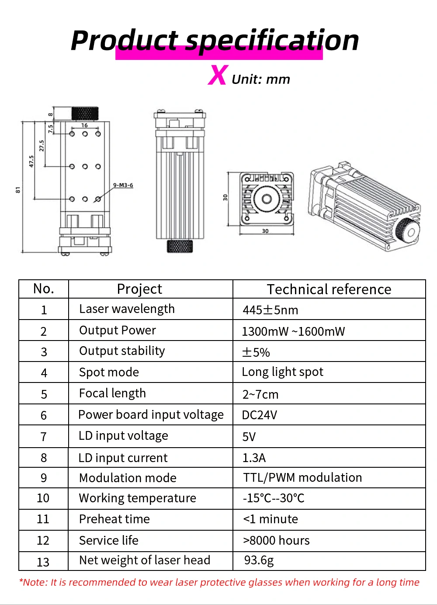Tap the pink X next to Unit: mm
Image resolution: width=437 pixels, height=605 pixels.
218,75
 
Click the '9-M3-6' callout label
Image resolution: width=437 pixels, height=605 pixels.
123,185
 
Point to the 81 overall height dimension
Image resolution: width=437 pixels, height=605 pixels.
18,190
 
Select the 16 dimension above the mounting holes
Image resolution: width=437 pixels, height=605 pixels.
84,125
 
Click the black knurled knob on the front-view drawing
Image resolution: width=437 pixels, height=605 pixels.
84,113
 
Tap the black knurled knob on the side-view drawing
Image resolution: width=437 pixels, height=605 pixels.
180,246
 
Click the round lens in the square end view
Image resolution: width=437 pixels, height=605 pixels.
267,199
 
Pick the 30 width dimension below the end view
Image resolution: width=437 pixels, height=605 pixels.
265,231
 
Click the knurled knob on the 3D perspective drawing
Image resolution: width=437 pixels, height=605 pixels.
407,230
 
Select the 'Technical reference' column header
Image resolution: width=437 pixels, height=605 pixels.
329,289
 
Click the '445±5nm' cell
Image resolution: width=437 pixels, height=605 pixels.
270,310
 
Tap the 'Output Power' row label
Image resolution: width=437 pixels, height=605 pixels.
117,330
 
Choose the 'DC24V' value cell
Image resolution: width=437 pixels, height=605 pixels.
260,415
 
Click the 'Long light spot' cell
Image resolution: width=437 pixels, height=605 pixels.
282,372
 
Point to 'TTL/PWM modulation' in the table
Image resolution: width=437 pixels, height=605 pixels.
302,478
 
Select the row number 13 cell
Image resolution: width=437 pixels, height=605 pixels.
43,562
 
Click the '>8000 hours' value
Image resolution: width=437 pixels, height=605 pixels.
276,541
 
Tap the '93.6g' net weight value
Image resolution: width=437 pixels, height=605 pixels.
259,560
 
